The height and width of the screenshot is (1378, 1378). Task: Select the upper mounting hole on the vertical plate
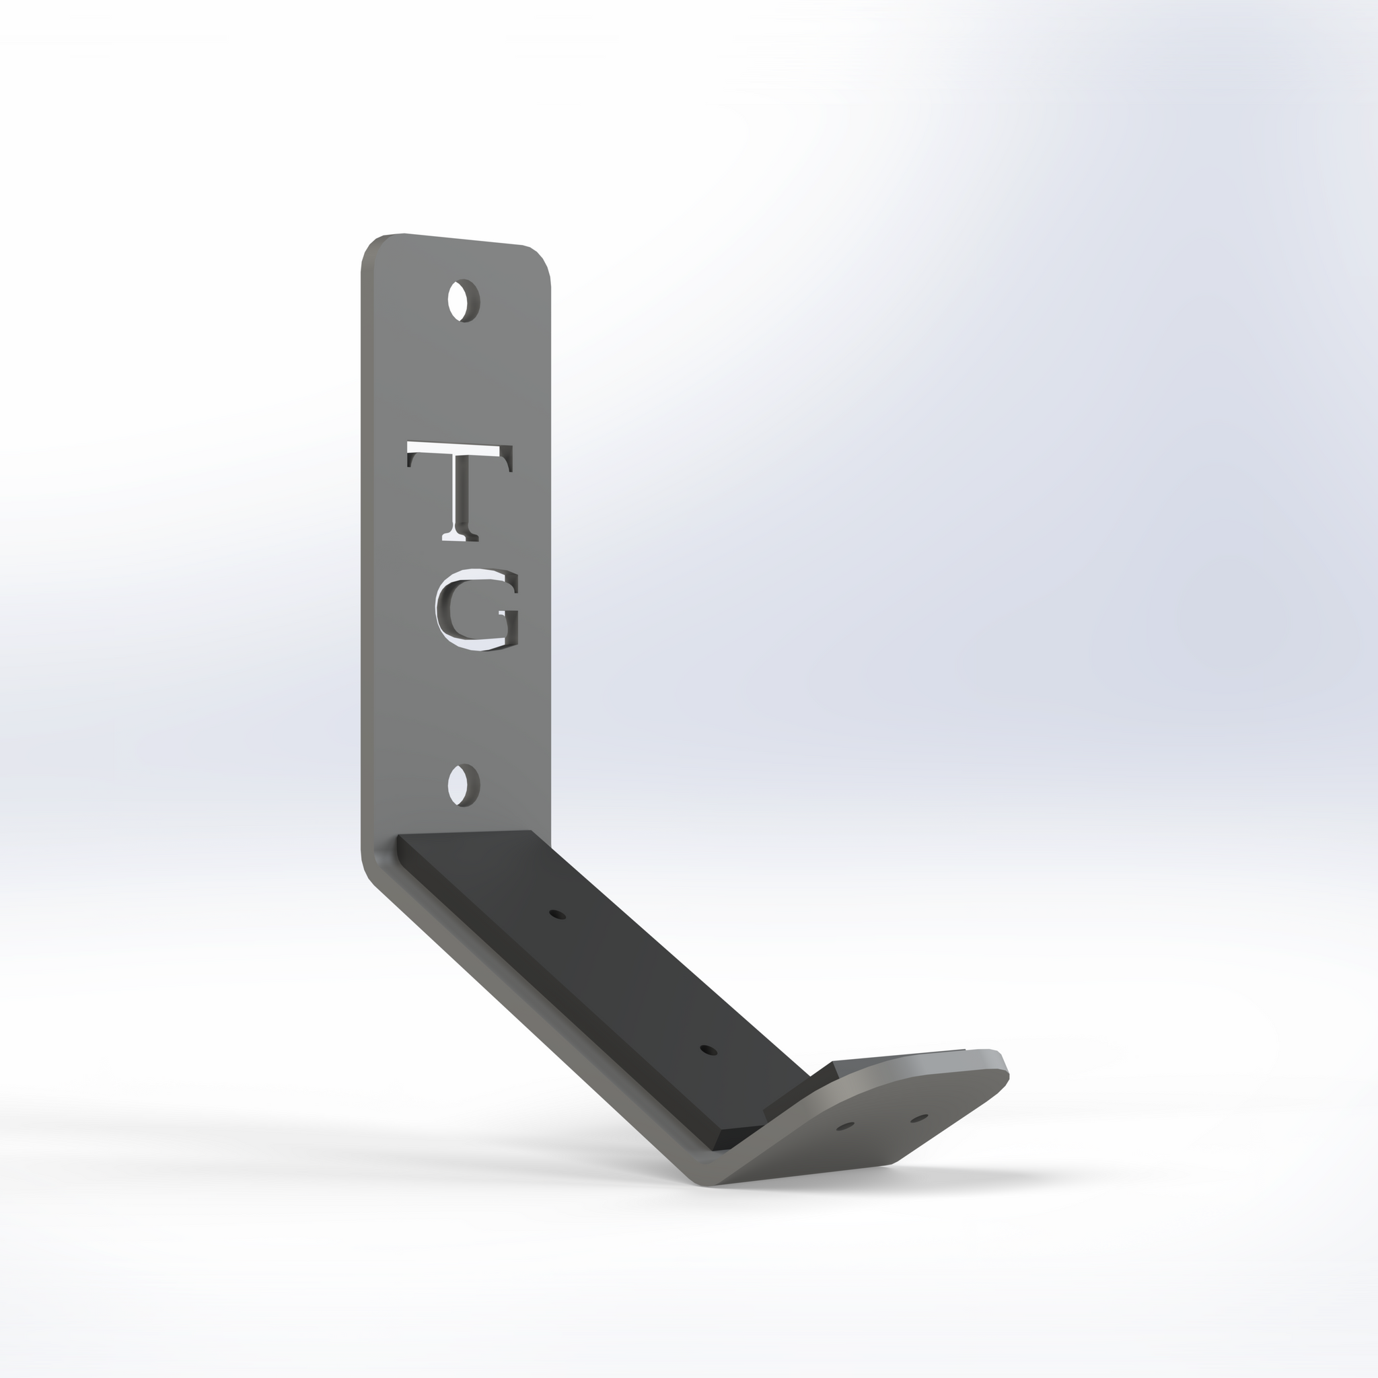(464, 300)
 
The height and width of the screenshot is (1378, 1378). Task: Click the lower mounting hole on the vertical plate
(464, 785)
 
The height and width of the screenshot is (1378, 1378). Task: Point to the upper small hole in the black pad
(557, 914)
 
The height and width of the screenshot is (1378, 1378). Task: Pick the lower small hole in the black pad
(709, 1050)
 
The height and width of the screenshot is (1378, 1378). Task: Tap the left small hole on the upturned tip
(845, 1127)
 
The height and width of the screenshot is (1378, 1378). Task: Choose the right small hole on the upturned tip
(919, 1118)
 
